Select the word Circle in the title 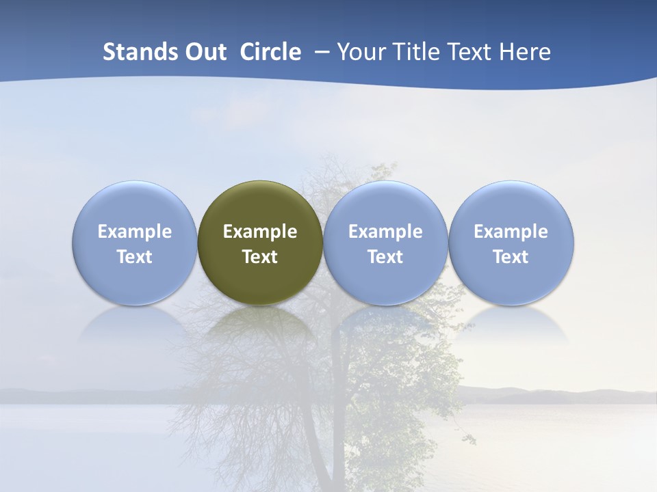coord(270,52)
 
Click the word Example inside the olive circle coord(260,232)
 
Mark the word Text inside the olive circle coord(260,257)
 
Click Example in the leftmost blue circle coord(134,232)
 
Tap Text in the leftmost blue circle coord(134,257)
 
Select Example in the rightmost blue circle coord(511,232)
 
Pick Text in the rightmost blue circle coord(511,257)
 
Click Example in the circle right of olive coord(385,232)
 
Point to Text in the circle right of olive coord(385,257)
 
